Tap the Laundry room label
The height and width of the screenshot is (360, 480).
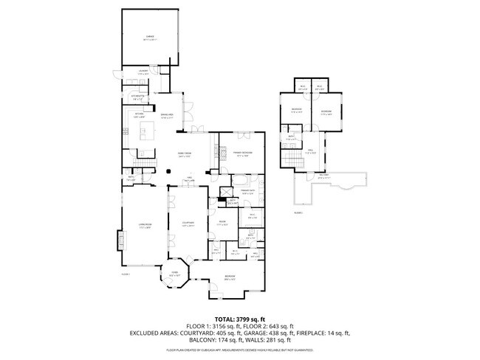(x=143, y=72)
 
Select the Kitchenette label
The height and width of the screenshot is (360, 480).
(x=138, y=96)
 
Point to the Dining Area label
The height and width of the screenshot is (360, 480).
(x=166, y=116)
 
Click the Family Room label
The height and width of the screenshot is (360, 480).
(x=184, y=154)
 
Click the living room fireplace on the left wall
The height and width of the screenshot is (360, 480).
(x=120, y=240)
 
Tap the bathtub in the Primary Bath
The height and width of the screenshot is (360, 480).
(x=242, y=181)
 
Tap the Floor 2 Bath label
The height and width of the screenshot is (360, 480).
(x=291, y=137)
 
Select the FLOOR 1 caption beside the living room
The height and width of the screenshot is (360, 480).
(x=126, y=274)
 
